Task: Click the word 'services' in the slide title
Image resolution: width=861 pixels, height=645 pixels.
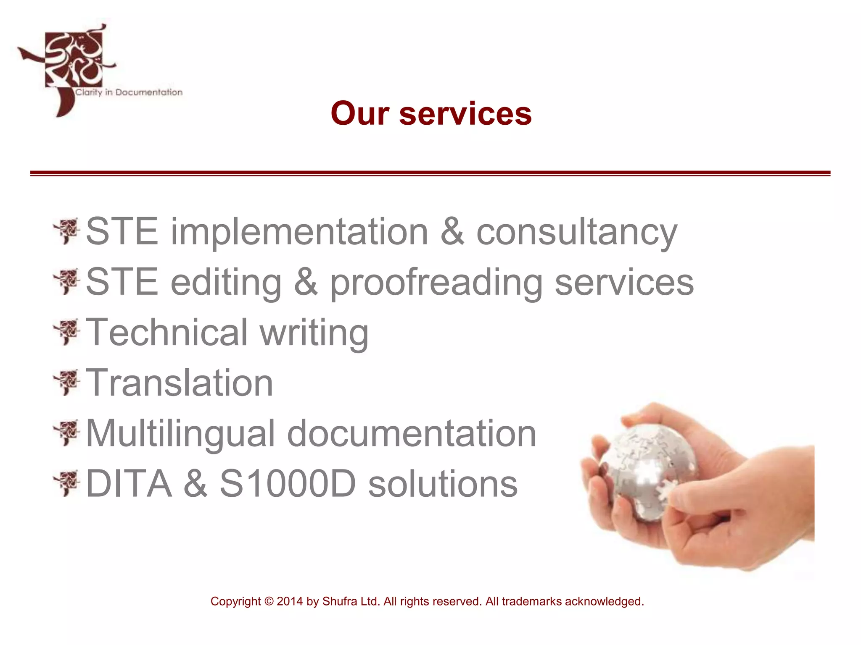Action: pyautogui.click(x=465, y=114)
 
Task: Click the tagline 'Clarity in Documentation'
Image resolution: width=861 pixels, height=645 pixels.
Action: pyautogui.click(x=129, y=92)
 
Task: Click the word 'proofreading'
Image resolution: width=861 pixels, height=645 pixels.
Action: pyautogui.click(x=436, y=283)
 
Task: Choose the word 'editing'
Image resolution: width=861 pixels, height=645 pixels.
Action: pyautogui.click(x=226, y=283)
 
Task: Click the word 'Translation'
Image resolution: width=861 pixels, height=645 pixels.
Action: pyautogui.click(x=180, y=383)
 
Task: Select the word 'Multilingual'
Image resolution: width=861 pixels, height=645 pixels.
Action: pyautogui.click(x=180, y=433)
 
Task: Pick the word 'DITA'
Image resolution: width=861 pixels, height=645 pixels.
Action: pyautogui.click(x=129, y=484)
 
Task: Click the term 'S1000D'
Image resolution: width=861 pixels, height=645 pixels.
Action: pyautogui.click(x=288, y=484)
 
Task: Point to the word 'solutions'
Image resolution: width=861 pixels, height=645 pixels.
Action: pyautogui.click(x=443, y=484)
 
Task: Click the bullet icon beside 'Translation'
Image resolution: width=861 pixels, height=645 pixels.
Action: pyautogui.click(x=66, y=382)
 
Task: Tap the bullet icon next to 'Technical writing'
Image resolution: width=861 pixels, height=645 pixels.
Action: pyautogui.click(x=66, y=332)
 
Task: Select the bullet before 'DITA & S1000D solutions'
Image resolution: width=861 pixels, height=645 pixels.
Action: pyautogui.click(x=66, y=483)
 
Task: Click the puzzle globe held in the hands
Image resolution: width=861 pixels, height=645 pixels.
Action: pyautogui.click(x=647, y=470)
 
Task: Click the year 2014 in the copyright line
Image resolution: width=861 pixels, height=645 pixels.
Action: pyautogui.click(x=290, y=601)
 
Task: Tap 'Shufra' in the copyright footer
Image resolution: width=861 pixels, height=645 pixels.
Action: pyautogui.click(x=338, y=601)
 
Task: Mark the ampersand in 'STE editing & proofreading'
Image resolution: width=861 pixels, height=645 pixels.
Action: pyautogui.click(x=306, y=282)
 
